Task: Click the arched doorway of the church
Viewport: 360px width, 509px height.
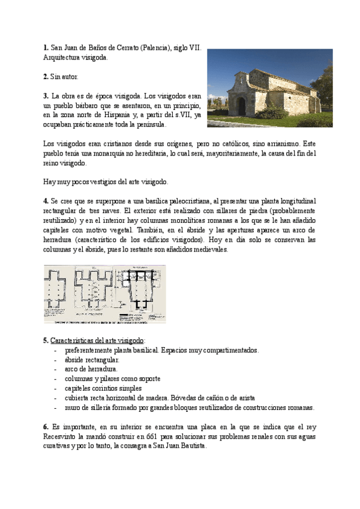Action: [241, 106]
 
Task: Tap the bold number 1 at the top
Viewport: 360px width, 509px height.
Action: [46, 48]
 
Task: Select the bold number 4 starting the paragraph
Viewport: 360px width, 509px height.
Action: [46, 200]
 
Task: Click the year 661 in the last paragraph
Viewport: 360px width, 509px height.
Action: [155, 438]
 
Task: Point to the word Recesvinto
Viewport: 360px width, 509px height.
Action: [62, 438]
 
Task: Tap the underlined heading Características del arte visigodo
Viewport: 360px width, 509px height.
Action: [101, 340]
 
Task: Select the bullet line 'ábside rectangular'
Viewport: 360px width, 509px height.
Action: [92, 360]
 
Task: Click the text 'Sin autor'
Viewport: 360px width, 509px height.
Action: [64, 77]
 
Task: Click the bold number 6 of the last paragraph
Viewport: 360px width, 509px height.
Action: [46, 427]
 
